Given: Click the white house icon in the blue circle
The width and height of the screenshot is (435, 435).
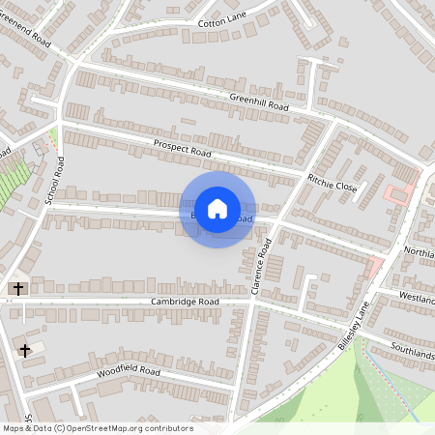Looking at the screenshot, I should [217, 209].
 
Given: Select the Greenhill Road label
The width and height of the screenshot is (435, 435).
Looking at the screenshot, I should [259, 100].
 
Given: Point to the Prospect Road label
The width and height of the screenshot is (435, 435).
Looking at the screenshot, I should [182, 148].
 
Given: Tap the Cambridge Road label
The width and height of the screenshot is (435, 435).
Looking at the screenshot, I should [186, 302].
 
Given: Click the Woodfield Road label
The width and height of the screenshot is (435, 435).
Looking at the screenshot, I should [128, 371].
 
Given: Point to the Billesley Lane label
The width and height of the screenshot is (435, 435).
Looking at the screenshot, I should [354, 325].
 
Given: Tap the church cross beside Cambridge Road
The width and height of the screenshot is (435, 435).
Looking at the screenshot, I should [16, 288].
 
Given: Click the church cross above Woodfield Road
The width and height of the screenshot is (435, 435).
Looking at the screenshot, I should [25, 349].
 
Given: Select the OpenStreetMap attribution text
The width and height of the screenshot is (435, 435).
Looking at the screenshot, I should [98, 428].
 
